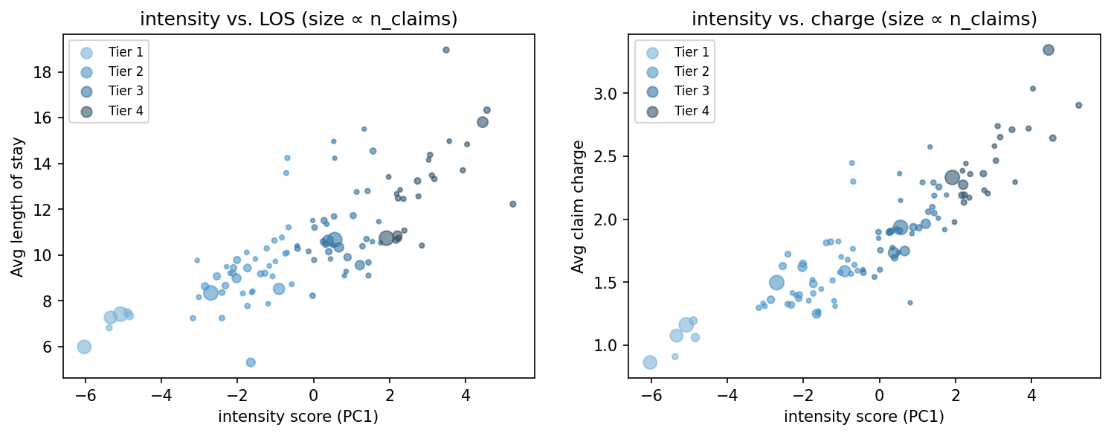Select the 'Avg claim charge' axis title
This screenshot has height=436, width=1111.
(x=577, y=207)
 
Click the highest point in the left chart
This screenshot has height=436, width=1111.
(x=446, y=50)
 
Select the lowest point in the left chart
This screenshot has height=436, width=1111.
(x=251, y=362)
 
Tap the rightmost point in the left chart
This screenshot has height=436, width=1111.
(x=512, y=204)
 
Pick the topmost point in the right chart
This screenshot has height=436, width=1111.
(x=1049, y=50)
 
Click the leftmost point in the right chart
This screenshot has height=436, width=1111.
(x=650, y=362)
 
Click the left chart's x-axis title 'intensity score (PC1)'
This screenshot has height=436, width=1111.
(x=298, y=417)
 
